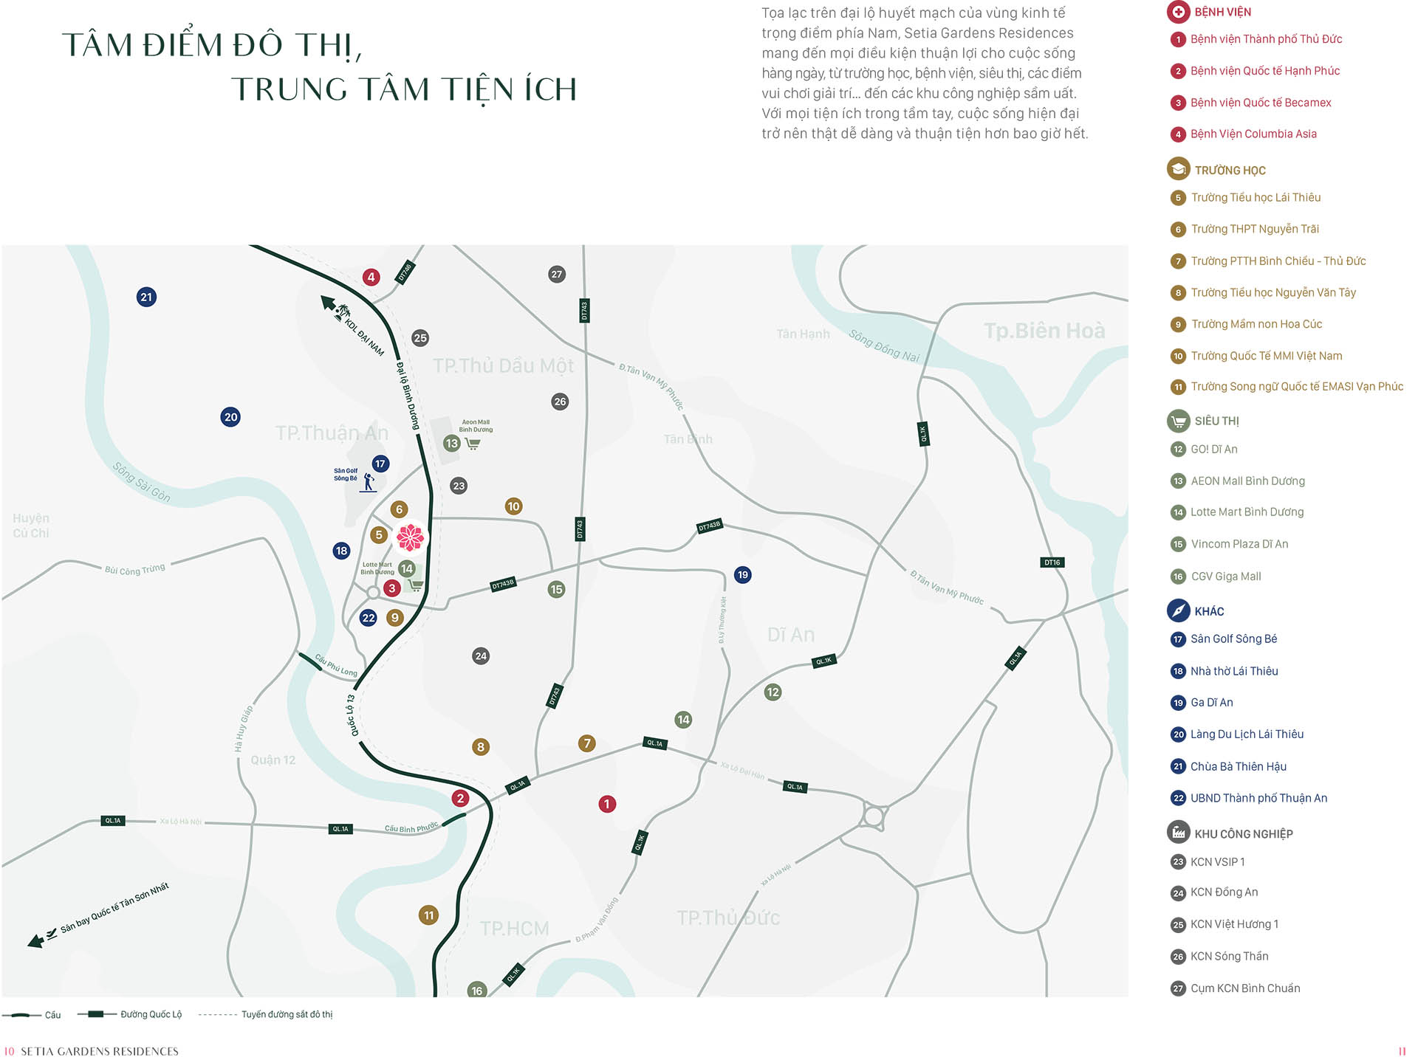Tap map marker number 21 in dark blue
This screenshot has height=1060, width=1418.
[x=146, y=297]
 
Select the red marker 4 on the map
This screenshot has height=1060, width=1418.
[x=371, y=278]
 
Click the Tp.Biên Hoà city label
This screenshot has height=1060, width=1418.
[x=1044, y=331]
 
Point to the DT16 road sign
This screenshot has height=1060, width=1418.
[x=1052, y=562]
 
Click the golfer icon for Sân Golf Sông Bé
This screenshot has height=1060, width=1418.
[x=369, y=483]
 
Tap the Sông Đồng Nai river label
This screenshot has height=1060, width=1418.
[x=884, y=345]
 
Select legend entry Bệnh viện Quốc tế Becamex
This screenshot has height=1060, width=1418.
[x=1260, y=103]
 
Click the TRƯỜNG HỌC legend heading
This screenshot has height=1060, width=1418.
[x=1230, y=171]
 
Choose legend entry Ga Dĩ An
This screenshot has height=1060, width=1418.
[x=1211, y=703]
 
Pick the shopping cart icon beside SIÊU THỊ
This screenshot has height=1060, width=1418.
[x=1178, y=421]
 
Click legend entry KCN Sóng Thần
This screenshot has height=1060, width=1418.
[x=1229, y=957]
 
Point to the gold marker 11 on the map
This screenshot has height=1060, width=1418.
[x=428, y=915]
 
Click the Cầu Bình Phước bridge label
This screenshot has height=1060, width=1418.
[x=411, y=828]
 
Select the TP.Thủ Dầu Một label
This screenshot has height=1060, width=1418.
[x=503, y=366]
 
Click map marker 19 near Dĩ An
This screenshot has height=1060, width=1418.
[x=742, y=574]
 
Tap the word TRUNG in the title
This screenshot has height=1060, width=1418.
[x=289, y=89]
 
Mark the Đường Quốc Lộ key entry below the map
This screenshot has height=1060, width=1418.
[x=151, y=1014]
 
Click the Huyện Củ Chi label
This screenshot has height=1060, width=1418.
[x=31, y=526]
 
